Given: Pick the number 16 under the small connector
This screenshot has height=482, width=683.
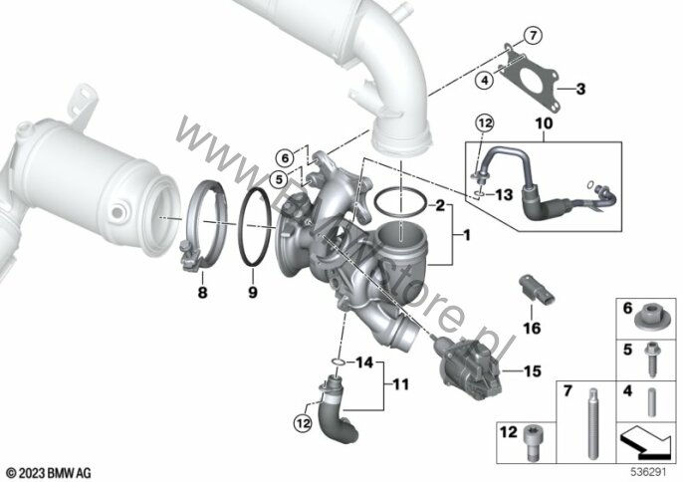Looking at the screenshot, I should coord(530,326).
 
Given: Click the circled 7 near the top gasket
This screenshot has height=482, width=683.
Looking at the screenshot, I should coord(532,37).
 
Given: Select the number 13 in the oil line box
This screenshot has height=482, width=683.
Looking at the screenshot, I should coord(504,195).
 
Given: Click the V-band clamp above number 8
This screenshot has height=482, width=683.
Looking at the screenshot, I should coord(206,224).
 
